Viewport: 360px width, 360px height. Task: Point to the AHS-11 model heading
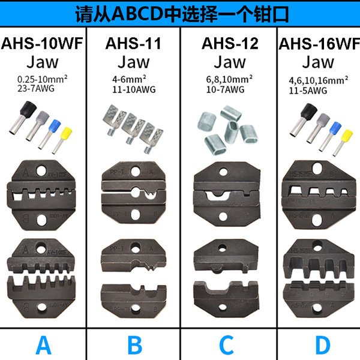point(134,43)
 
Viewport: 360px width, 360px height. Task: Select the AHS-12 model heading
point(226,43)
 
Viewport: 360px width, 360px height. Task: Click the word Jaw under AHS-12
point(226,61)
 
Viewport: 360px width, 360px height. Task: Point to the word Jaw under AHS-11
point(134,61)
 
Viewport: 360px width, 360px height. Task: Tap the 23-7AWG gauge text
point(35,88)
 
